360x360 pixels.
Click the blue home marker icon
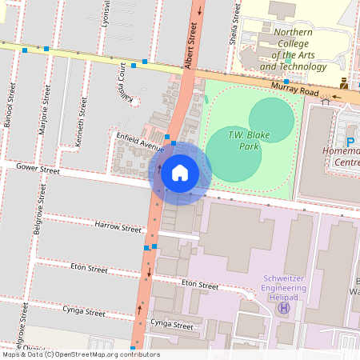(x=180, y=172)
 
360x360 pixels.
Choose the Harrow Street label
(x=117, y=228)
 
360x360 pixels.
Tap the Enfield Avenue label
(x=139, y=144)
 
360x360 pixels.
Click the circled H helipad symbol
(x=284, y=309)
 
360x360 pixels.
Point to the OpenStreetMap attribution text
(x=80, y=354)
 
